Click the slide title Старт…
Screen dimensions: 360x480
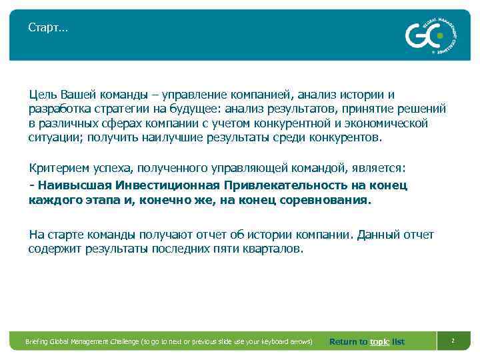pyautogui.click(x=47, y=27)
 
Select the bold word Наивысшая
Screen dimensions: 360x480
pyautogui.click(x=73, y=185)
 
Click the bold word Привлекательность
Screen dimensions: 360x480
pyautogui.click(x=275, y=185)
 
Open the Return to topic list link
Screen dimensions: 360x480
pyautogui.click(x=367, y=341)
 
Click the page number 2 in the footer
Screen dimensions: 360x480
pyautogui.click(x=453, y=341)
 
